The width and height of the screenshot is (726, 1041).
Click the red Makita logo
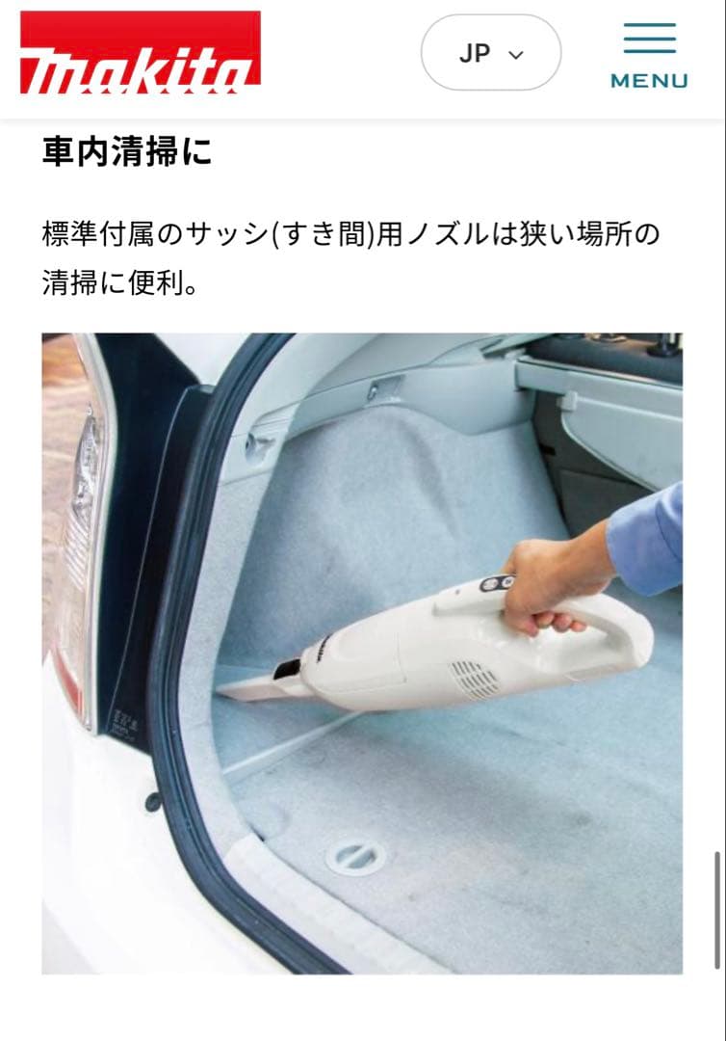(x=141, y=53)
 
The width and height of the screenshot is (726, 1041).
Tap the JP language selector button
(x=490, y=53)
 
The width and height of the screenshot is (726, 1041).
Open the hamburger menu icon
(x=649, y=39)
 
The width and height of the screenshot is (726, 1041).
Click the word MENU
(x=649, y=81)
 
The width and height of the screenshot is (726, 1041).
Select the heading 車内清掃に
(x=126, y=152)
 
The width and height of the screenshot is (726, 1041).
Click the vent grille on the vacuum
(x=474, y=679)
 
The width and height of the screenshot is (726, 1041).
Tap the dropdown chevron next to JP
(x=516, y=55)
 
